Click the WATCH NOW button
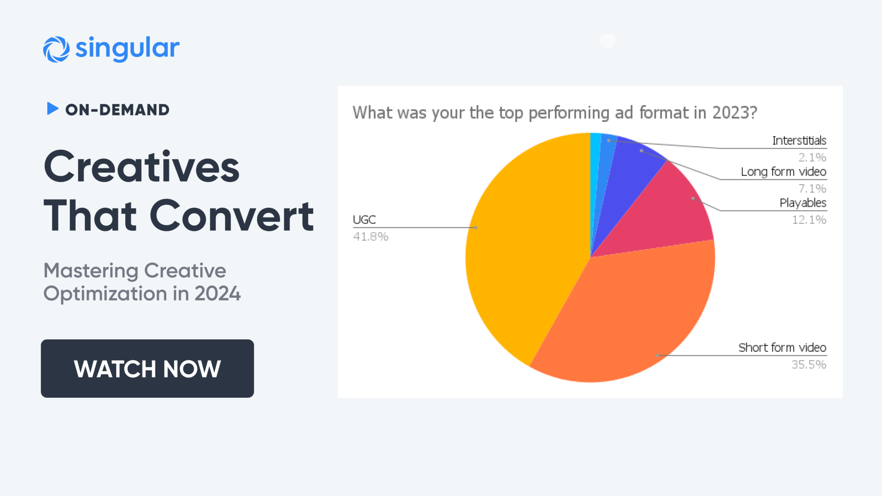(147, 369)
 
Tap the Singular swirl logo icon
(56, 50)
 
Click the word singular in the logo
(127, 48)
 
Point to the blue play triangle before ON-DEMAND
(52, 108)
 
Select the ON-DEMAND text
(117, 110)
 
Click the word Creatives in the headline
(141, 167)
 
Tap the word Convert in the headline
(232, 216)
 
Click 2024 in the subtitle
(217, 294)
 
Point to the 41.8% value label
(370, 237)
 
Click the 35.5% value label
(809, 365)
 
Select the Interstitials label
(799, 141)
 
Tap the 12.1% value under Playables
(809, 220)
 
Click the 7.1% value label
(812, 189)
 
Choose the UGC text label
(364, 220)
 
